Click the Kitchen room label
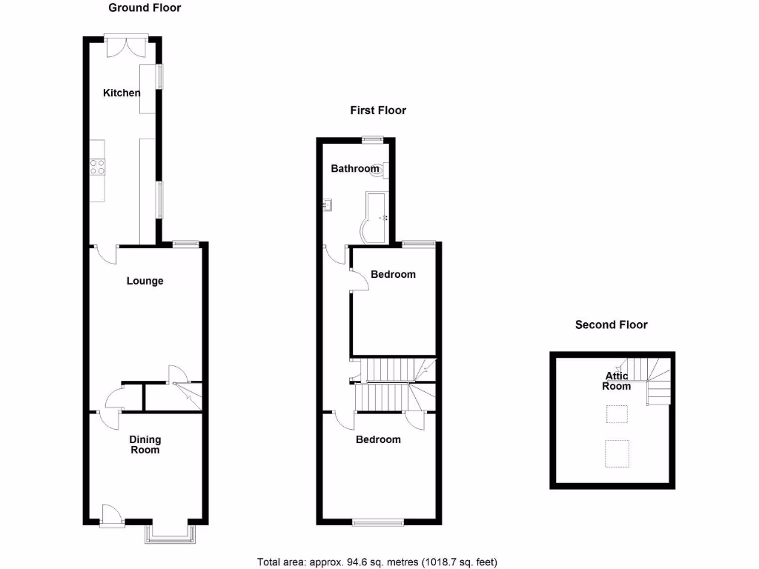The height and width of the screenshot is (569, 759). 122,93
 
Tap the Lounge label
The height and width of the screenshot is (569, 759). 145,281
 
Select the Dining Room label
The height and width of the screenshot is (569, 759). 145,445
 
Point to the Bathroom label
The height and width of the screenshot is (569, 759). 354,169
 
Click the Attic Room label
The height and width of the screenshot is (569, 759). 616,381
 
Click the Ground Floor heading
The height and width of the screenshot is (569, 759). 145,8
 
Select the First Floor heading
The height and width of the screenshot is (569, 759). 378,110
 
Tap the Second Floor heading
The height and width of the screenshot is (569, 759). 611,325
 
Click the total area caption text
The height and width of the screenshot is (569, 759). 382,562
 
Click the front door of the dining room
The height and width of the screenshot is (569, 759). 110,515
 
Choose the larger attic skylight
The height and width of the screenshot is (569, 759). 617,454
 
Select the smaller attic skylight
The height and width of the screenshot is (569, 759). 617,413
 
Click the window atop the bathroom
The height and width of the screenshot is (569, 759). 373,138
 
